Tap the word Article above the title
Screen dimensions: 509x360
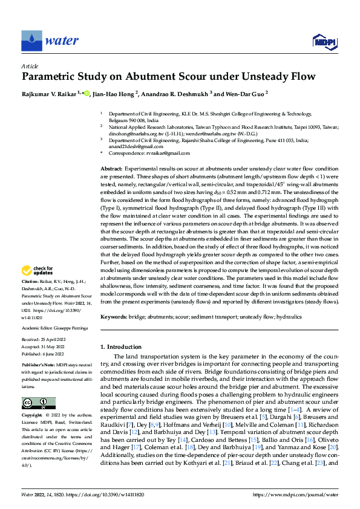coord(30,65)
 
